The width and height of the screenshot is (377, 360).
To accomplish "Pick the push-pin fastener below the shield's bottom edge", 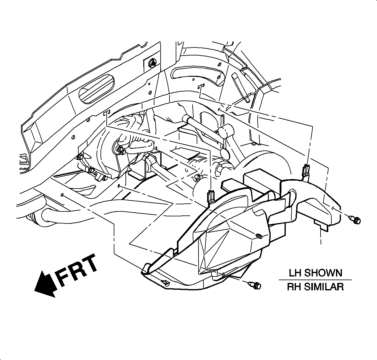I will [256, 285].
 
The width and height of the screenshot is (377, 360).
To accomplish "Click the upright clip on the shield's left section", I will [211, 197].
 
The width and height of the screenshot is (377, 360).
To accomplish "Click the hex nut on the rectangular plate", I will [152, 63].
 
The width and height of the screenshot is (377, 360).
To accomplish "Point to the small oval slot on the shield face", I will [259, 236].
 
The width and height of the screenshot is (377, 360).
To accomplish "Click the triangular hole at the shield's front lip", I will [165, 282].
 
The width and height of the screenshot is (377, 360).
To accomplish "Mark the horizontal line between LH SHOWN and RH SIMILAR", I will [315, 280].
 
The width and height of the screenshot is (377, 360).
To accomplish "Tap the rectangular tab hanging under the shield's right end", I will [321, 225].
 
